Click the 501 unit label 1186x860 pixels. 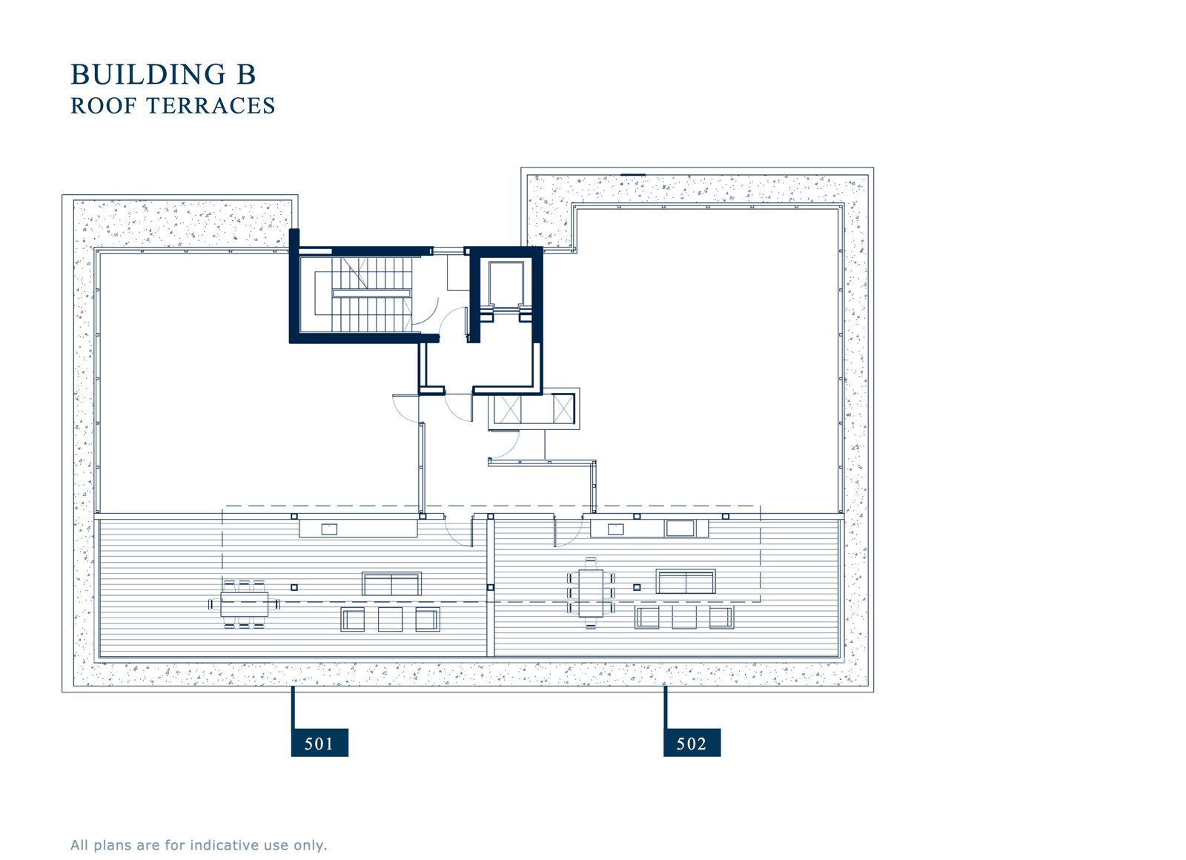pyautogui.click(x=319, y=743)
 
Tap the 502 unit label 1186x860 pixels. pyautogui.click(x=692, y=743)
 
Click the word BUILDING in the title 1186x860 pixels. pyautogui.click(x=148, y=74)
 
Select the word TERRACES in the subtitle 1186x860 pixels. pyautogui.click(x=211, y=106)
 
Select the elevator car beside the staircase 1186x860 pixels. pyautogui.click(x=506, y=285)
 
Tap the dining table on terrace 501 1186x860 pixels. pyautogui.click(x=245, y=604)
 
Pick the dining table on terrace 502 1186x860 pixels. pyautogui.click(x=591, y=593)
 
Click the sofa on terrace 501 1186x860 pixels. pyautogui.click(x=392, y=583)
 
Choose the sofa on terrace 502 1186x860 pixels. pyautogui.click(x=686, y=581)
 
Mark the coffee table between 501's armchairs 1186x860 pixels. pyautogui.click(x=390, y=619)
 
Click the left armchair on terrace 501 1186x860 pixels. pyautogui.click(x=353, y=619)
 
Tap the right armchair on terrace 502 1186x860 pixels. pyautogui.click(x=722, y=617)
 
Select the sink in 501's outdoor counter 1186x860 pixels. pyautogui.click(x=329, y=529)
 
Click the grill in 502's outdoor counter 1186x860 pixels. pyautogui.click(x=680, y=528)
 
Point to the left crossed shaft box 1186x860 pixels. pyautogui.click(x=507, y=408)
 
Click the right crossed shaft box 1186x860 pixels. pyautogui.click(x=563, y=408)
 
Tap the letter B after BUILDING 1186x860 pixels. pyautogui.click(x=246, y=74)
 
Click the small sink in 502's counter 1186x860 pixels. pyautogui.click(x=615, y=529)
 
